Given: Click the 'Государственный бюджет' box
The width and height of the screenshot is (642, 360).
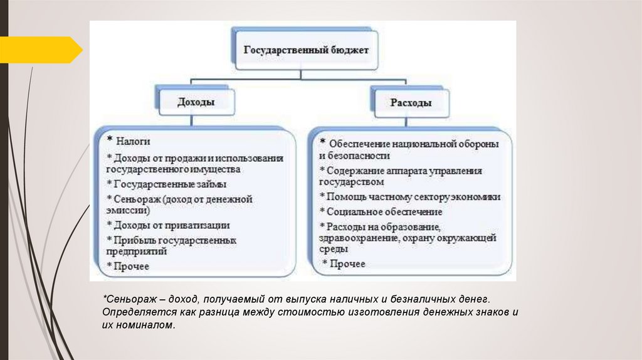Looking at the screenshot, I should [x=306, y=49].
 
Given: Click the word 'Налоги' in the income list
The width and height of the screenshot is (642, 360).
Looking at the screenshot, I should [x=132, y=142].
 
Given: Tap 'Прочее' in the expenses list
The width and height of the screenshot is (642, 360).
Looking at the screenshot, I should [x=347, y=264].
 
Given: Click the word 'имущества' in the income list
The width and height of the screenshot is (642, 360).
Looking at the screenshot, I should [x=217, y=169].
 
